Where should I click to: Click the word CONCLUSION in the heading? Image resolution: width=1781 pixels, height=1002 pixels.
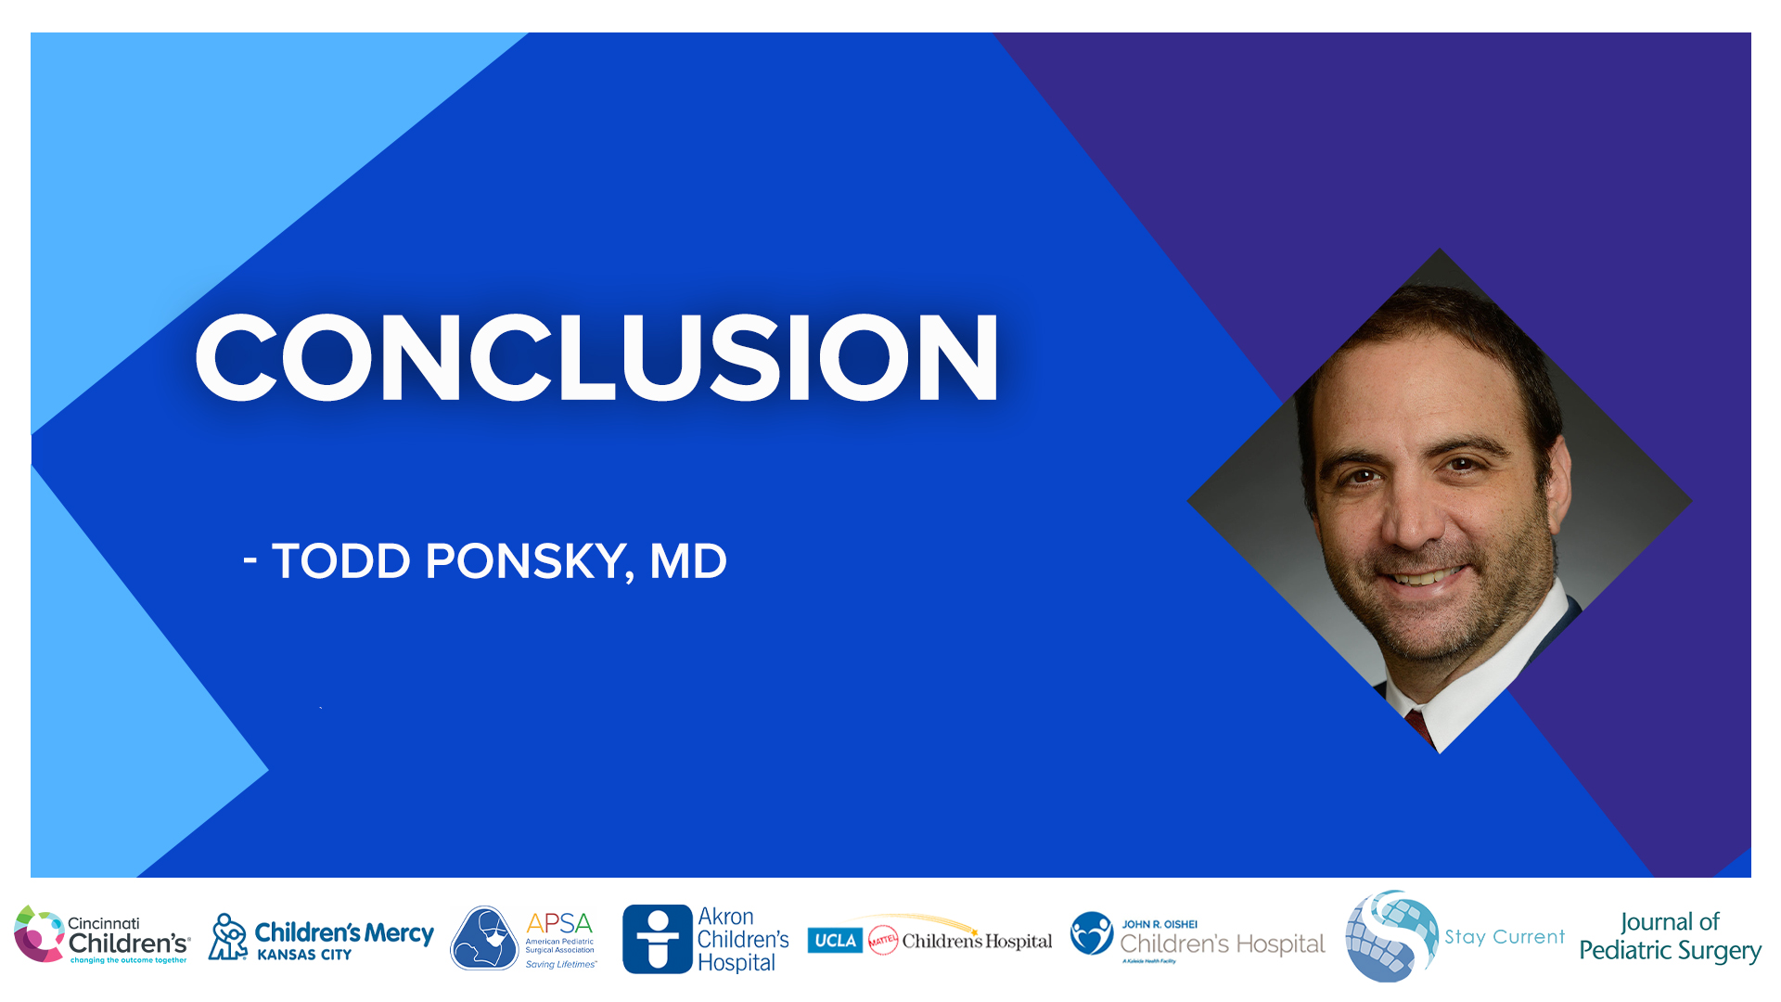tap(596, 358)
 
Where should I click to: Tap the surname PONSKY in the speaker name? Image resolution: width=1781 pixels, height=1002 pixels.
tap(525, 561)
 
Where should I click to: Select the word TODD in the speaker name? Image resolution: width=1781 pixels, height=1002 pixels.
tap(340, 561)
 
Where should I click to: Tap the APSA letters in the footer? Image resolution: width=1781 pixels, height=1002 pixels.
tap(558, 923)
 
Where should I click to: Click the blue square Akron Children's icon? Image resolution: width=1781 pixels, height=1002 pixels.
tap(658, 939)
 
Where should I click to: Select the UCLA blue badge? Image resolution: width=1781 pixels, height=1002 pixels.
tap(835, 941)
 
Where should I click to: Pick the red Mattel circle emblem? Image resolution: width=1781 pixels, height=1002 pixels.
tap(883, 941)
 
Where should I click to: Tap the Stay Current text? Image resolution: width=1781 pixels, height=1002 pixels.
tap(1505, 937)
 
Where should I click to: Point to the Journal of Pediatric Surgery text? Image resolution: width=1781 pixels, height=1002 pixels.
tap(1670, 937)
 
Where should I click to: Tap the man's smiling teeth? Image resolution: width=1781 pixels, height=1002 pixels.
tap(1426, 578)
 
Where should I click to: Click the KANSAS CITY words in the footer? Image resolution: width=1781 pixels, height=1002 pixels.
tap(304, 955)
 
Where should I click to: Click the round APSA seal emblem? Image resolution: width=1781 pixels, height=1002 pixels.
tap(484, 939)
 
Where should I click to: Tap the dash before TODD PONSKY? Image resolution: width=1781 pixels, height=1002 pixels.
tap(250, 559)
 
